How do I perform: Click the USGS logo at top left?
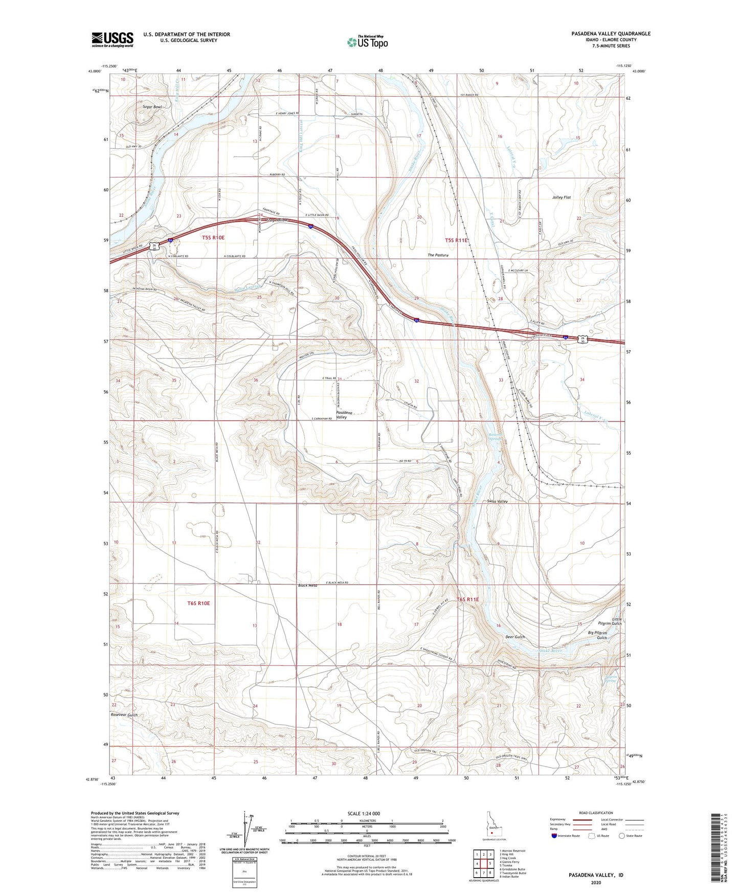(x=113, y=39)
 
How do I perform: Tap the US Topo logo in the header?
(x=367, y=41)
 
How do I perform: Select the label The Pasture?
(x=438, y=255)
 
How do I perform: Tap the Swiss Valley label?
(x=497, y=502)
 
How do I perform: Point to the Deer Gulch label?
(x=515, y=637)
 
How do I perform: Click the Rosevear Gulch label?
(x=124, y=715)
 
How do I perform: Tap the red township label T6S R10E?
(x=198, y=604)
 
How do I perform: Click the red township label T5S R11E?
(x=457, y=240)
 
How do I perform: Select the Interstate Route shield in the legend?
(x=554, y=836)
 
